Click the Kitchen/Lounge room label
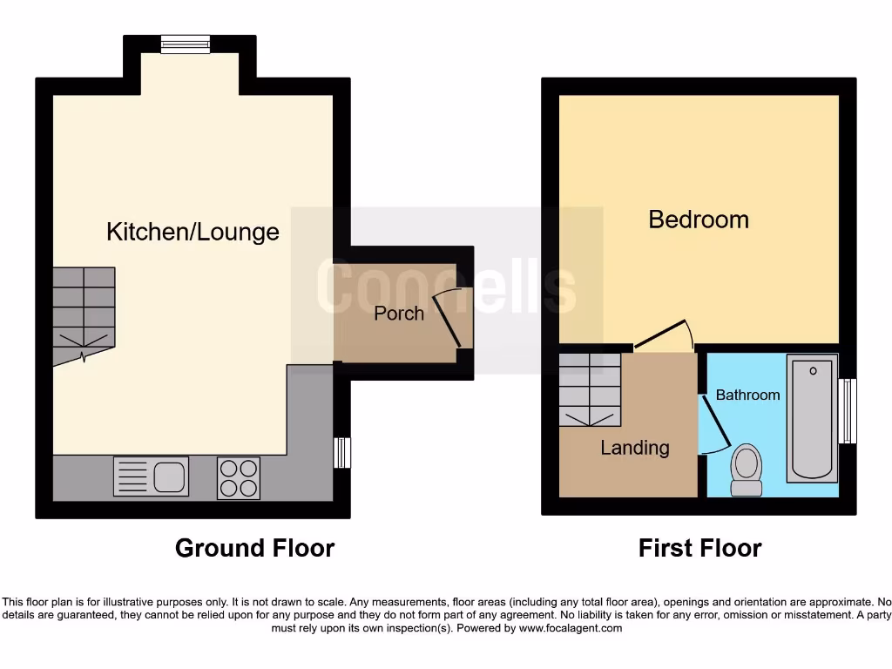click(x=193, y=232)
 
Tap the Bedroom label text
click(x=699, y=220)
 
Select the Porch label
click(x=399, y=314)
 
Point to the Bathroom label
click(x=747, y=395)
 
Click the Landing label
click(x=635, y=448)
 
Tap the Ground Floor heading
click(x=254, y=548)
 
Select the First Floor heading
click(x=699, y=548)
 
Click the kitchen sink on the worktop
click(x=151, y=477)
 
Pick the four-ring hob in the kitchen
click(x=239, y=478)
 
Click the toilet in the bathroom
click(x=746, y=469)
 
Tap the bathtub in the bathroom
click(x=812, y=418)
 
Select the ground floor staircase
click(x=84, y=314)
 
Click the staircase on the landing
click(x=590, y=390)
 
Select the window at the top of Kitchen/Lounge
click(x=186, y=44)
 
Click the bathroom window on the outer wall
click(x=848, y=411)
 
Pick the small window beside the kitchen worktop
click(x=342, y=453)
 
